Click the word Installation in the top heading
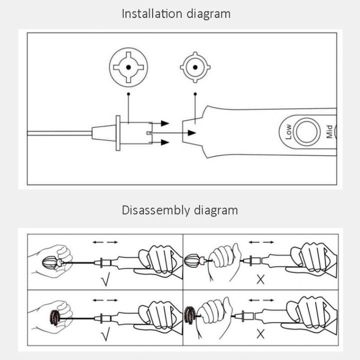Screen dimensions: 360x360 click(x=151, y=13)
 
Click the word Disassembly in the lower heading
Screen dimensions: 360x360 click(x=156, y=210)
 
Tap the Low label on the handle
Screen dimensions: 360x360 click(x=288, y=132)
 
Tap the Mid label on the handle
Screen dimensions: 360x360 click(x=329, y=131)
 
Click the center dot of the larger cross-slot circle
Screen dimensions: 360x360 click(x=128, y=67)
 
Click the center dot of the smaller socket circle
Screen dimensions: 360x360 click(x=195, y=67)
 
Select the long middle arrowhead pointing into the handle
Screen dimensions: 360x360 click(x=191, y=132)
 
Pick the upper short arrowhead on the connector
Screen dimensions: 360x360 click(x=165, y=123)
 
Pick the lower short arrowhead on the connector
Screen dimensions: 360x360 click(x=165, y=142)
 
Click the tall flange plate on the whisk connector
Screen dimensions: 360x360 click(x=118, y=133)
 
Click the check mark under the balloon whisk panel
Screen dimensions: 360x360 click(x=105, y=279)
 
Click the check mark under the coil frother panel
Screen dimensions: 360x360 click(x=105, y=334)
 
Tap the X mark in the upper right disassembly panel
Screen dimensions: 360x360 click(x=260, y=279)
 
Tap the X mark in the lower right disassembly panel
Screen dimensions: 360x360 click(x=260, y=334)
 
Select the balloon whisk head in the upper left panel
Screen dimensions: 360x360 click(x=50, y=262)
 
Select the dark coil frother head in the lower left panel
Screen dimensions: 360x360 click(x=55, y=317)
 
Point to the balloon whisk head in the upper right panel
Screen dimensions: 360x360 click(x=192, y=260)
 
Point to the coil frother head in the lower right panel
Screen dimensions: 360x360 click(x=190, y=315)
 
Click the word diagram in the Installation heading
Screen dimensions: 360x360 click(x=208, y=14)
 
